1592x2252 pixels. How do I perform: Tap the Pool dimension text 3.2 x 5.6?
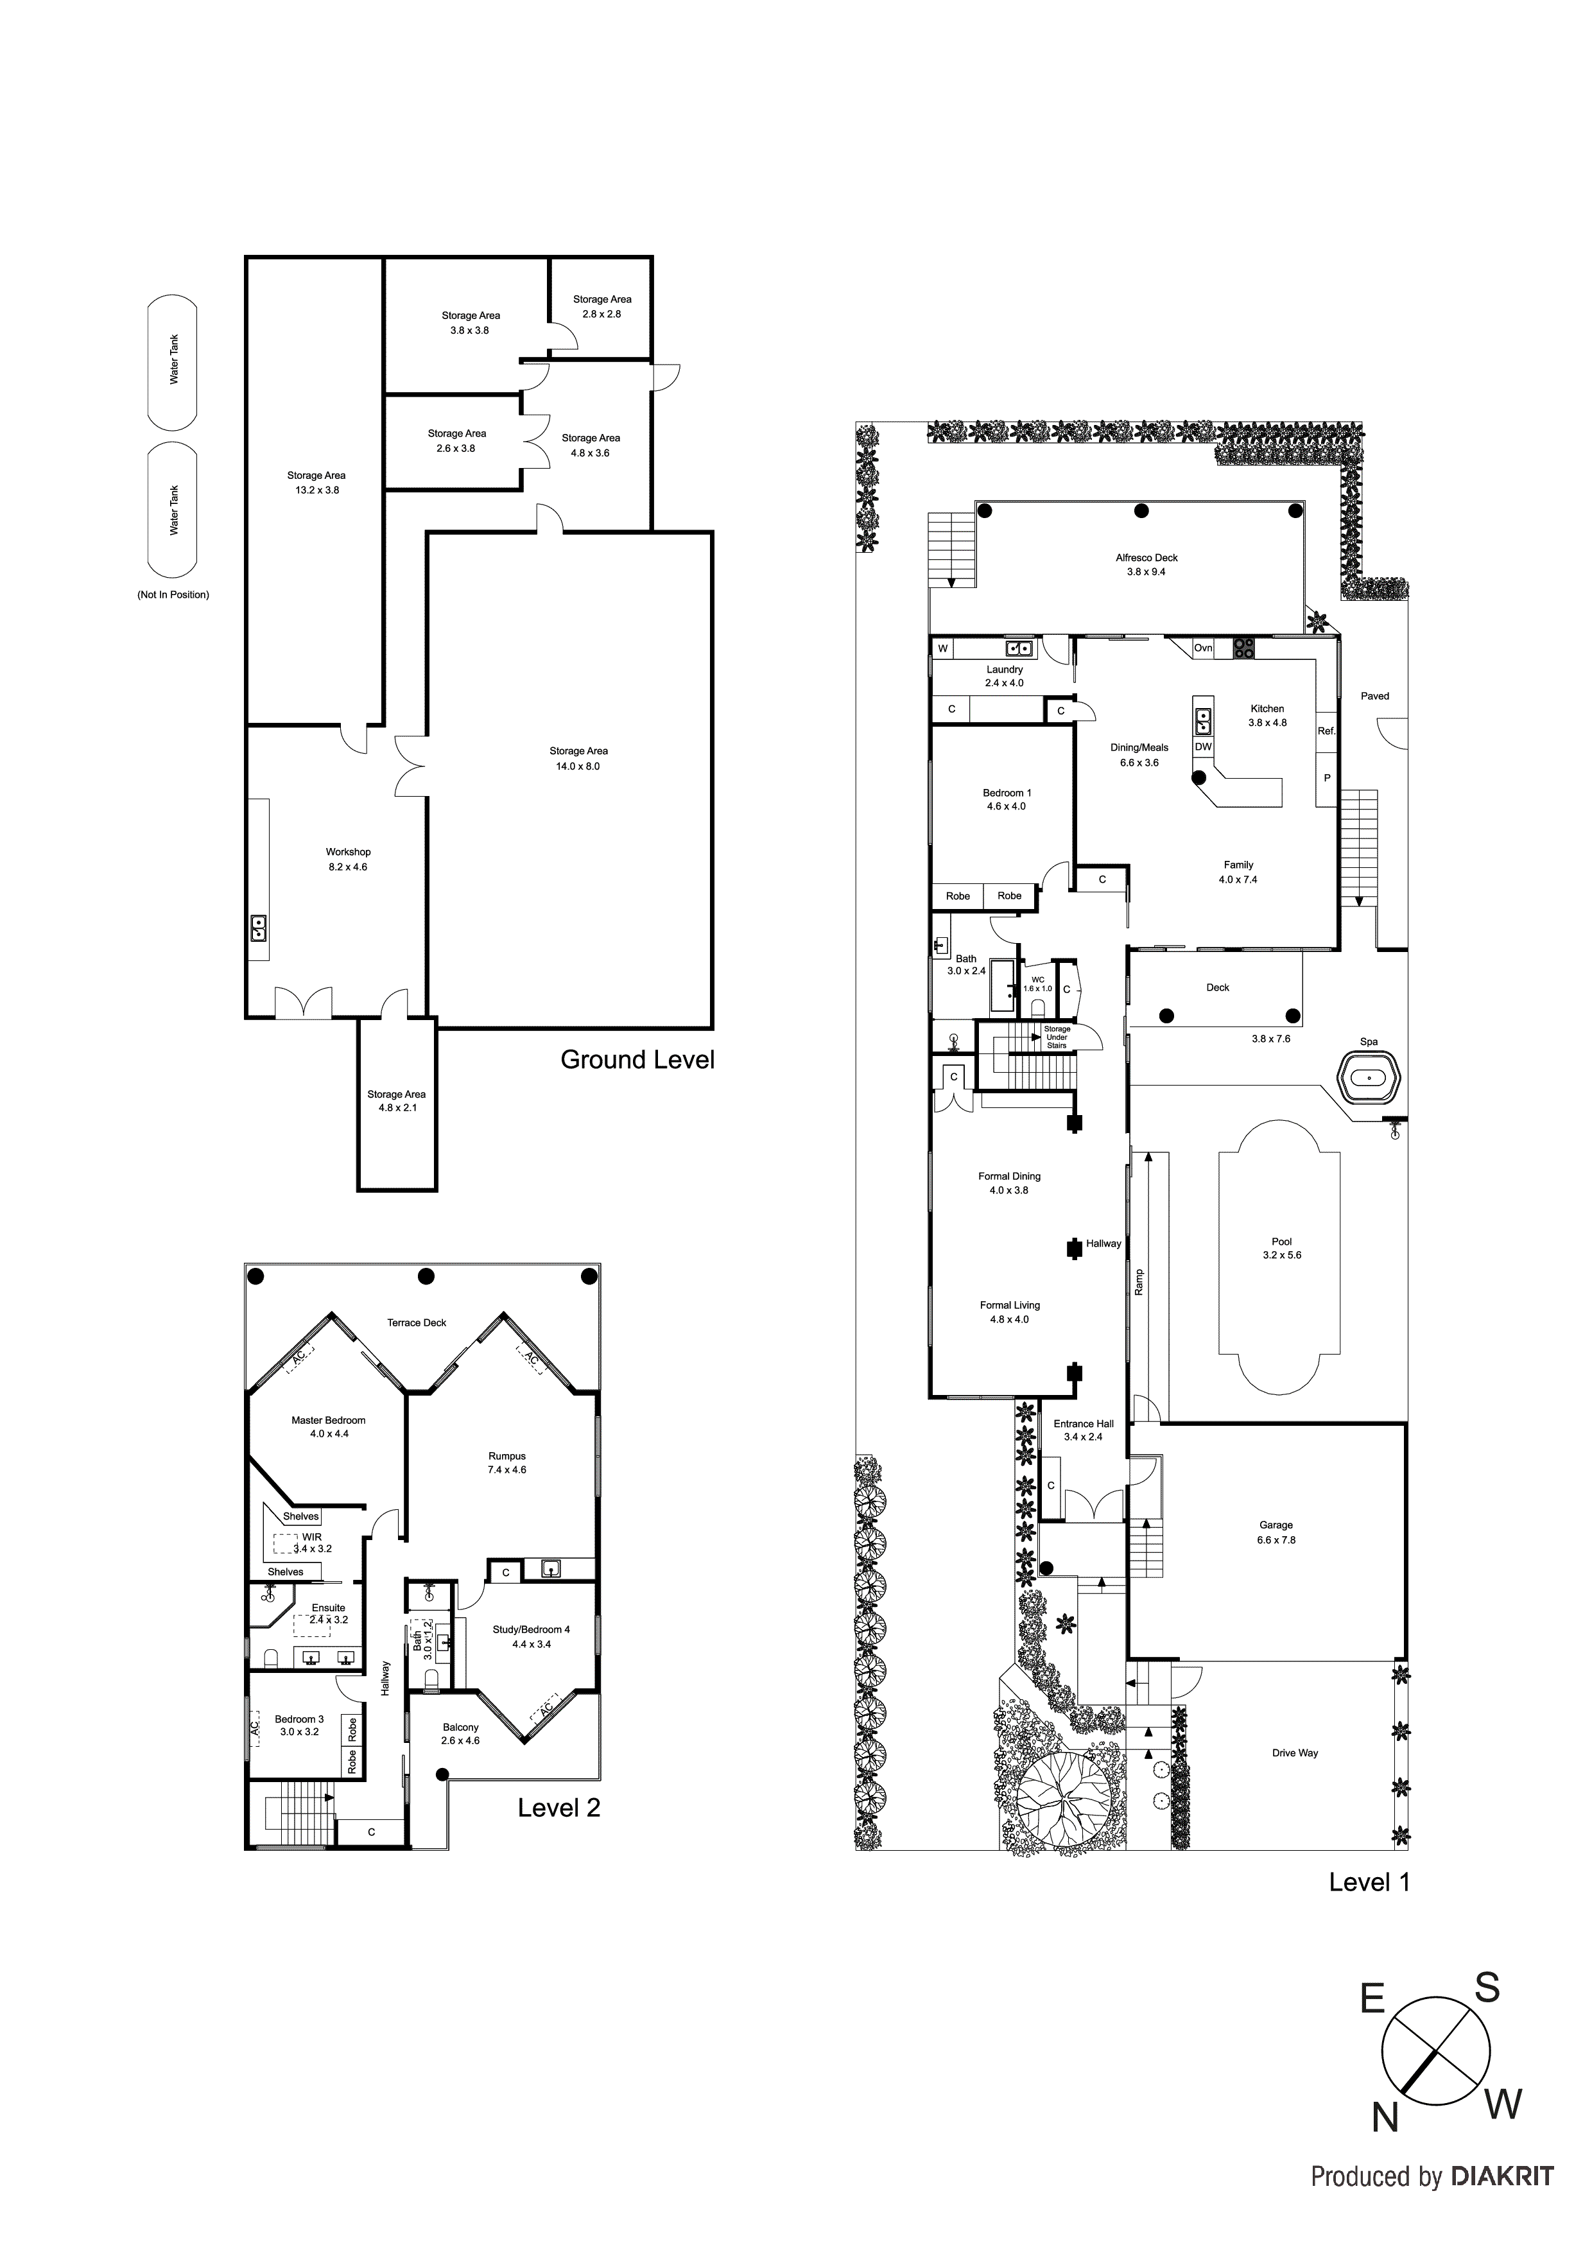click(1281, 1256)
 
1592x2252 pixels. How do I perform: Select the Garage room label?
click(1276, 1525)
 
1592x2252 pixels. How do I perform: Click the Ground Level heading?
click(637, 1061)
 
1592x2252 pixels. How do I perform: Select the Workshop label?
click(348, 853)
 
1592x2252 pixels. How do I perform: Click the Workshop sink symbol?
click(259, 927)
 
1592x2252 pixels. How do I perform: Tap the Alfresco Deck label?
click(1146, 558)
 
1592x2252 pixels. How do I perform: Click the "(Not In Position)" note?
click(173, 595)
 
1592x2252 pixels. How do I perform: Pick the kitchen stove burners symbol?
click(1244, 647)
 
